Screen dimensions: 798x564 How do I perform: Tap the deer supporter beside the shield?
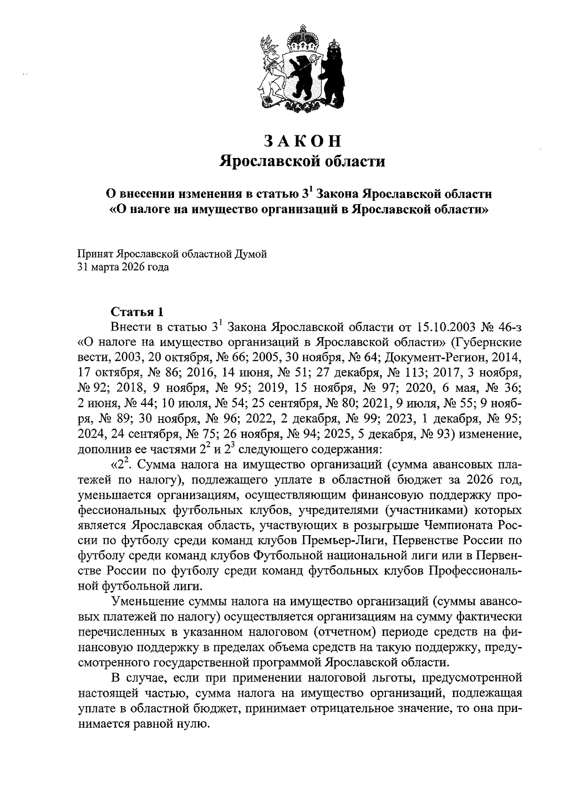tap(270, 68)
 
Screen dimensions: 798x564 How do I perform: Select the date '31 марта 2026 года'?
tap(123, 268)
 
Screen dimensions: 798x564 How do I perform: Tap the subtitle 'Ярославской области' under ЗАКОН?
tap(302, 162)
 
